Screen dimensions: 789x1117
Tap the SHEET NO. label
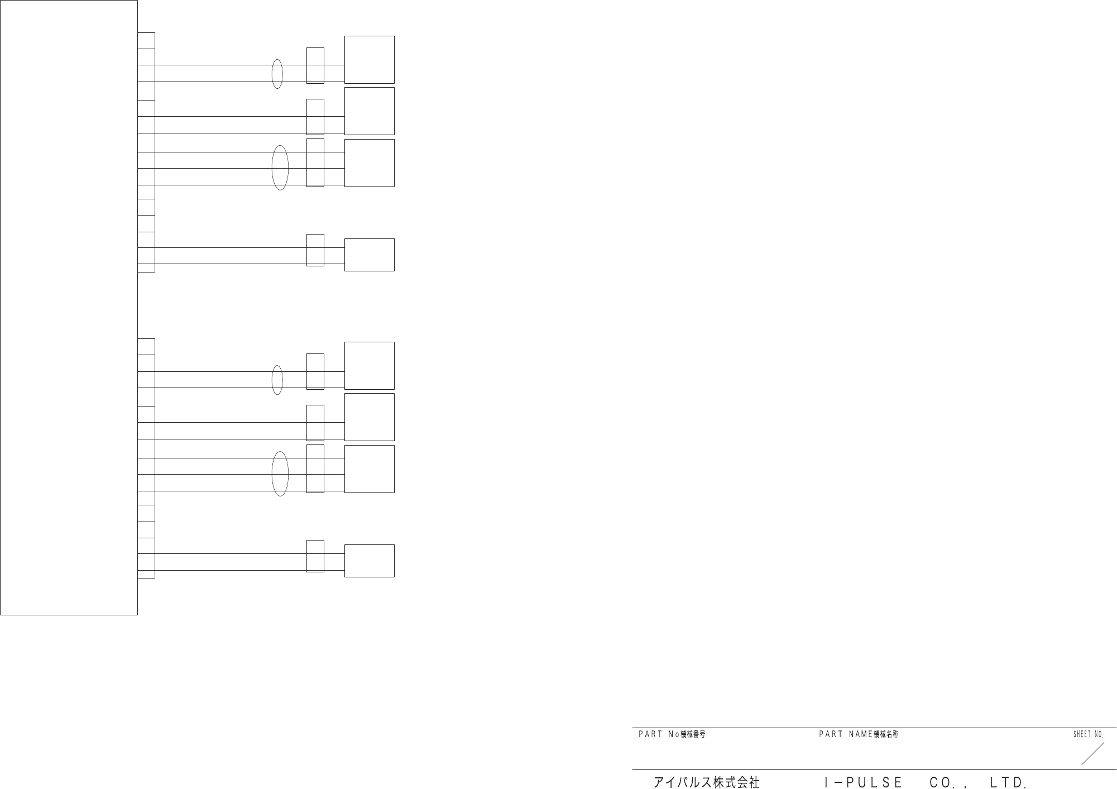click(x=1088, y=735)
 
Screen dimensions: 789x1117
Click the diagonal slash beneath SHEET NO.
click(x=1092, y=754)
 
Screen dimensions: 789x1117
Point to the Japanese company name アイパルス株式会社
click(x=706, y=783)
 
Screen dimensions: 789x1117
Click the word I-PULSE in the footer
click(x=863, y=783)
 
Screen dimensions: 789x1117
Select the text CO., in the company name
click(x=947, y=783)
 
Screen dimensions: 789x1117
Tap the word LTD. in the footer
click(x=1008, y=783)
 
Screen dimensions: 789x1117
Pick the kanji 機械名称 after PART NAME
click(x=886, y=735)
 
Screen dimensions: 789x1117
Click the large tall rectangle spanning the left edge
click(x=69, y=307)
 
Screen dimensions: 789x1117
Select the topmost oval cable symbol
click(x=277, y=74)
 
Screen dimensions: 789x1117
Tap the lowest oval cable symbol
click(x=280, y=474)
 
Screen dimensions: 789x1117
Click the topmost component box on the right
click(x=369, y=60)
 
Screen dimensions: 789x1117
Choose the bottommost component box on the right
click(x=369, y=561)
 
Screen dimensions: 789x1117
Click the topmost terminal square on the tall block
click(x=146, y=41)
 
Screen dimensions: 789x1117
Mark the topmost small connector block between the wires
click(x=315, y=66)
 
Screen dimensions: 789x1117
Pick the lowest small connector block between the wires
click(x=315, y=556)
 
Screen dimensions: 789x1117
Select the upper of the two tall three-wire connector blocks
click(x=315, y=162)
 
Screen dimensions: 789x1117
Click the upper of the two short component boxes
click(x=369, y=255)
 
